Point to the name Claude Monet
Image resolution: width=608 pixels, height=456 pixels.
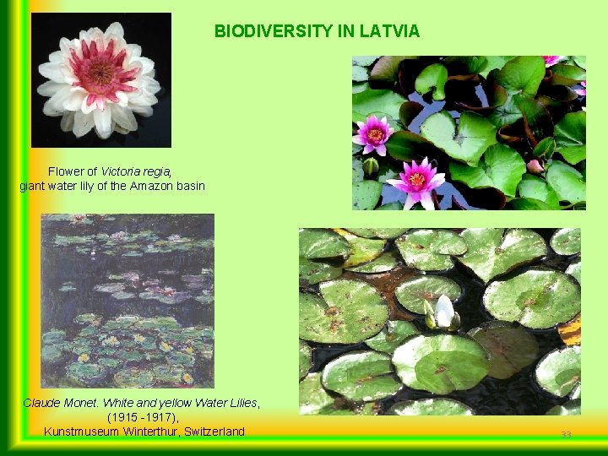pyautogui.click(x=56, y=403)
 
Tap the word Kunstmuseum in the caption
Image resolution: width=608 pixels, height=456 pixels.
pyautogui.click(x=80, y=432)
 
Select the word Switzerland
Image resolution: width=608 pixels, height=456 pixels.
pyautogui.click(x=210, y=432)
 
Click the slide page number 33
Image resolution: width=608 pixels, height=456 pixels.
pyautogui.click(x=566, y=434)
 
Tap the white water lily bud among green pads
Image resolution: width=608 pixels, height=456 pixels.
pyautogui.click(x=442, y=312)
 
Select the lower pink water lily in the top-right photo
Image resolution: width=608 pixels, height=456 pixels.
pyautogui.click(x=416, y=180)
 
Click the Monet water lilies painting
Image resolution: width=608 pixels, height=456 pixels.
pyautogui.click(x=128, y=301)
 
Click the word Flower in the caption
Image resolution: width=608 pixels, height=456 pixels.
pyautogui.click(x=66, y=171)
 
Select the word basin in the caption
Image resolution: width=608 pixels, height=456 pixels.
pyautogui.click(x=190, y=186)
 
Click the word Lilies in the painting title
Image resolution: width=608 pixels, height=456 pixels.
pyautogui.click(x=242, y=403)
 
